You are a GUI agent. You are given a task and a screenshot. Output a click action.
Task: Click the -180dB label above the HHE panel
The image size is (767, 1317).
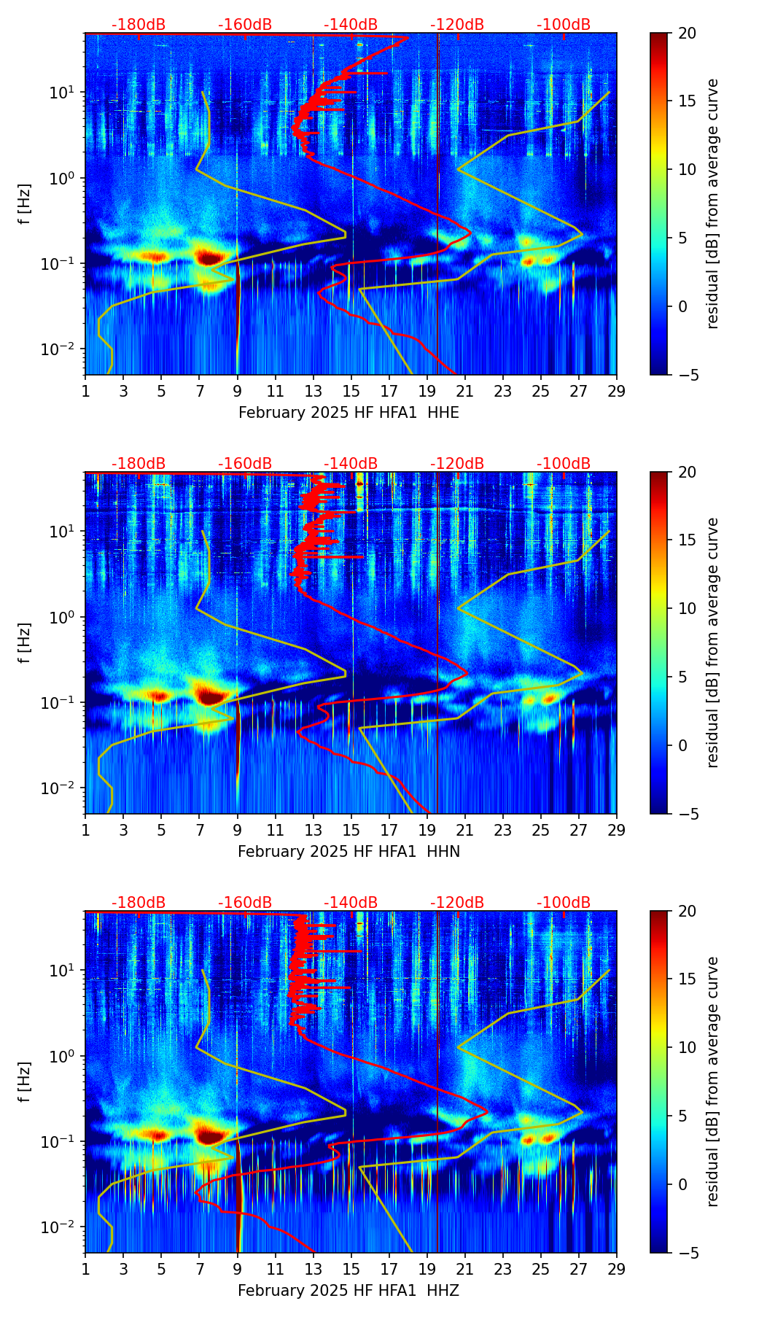(x=139, y=25)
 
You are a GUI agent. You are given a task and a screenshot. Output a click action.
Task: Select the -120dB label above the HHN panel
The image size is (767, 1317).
(x=457, y=464)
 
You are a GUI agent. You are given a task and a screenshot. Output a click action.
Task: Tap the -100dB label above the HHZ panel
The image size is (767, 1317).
(x=564, y=903)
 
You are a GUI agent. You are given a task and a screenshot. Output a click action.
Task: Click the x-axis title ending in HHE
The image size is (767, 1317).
(x=349, y=413)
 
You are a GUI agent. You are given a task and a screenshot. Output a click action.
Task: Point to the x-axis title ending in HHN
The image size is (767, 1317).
(x=349, y=852)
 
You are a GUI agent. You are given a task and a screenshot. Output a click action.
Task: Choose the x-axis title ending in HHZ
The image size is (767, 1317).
(x=349, y=1291)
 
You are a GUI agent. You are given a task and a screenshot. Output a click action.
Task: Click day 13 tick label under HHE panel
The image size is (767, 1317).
(x=314, y=391)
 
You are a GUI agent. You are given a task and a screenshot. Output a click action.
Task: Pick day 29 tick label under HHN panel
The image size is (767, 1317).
(x=617, y=830)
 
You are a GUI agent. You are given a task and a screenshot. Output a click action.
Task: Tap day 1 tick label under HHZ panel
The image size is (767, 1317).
(x=86, y=1269)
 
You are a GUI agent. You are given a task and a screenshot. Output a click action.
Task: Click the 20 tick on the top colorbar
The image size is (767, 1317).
(x=687, y=34)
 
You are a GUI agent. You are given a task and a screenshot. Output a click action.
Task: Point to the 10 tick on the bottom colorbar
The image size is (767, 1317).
(x=687, y=1048)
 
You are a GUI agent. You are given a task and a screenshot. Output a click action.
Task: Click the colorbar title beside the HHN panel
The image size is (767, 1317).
(x=713, y=642)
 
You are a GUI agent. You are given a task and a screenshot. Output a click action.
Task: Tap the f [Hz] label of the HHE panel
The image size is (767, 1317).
(x=26, y=203)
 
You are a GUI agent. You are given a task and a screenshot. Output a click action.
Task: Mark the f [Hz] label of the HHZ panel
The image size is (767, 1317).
(x=26, y=1081)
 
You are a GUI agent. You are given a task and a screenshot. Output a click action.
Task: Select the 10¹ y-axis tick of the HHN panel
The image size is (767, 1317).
(x=61, y=532)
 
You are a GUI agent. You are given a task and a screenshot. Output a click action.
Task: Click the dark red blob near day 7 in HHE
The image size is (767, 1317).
(x=210, y=257)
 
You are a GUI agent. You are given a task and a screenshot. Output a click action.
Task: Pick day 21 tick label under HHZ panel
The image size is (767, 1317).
(x=465, y=1269)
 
